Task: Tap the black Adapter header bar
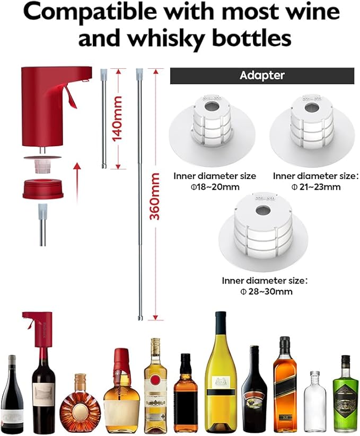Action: coord(262,75)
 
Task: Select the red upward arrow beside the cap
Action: coord(76,177)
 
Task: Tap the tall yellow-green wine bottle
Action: coord(221,376)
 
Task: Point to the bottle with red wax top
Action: coord(121,392)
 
